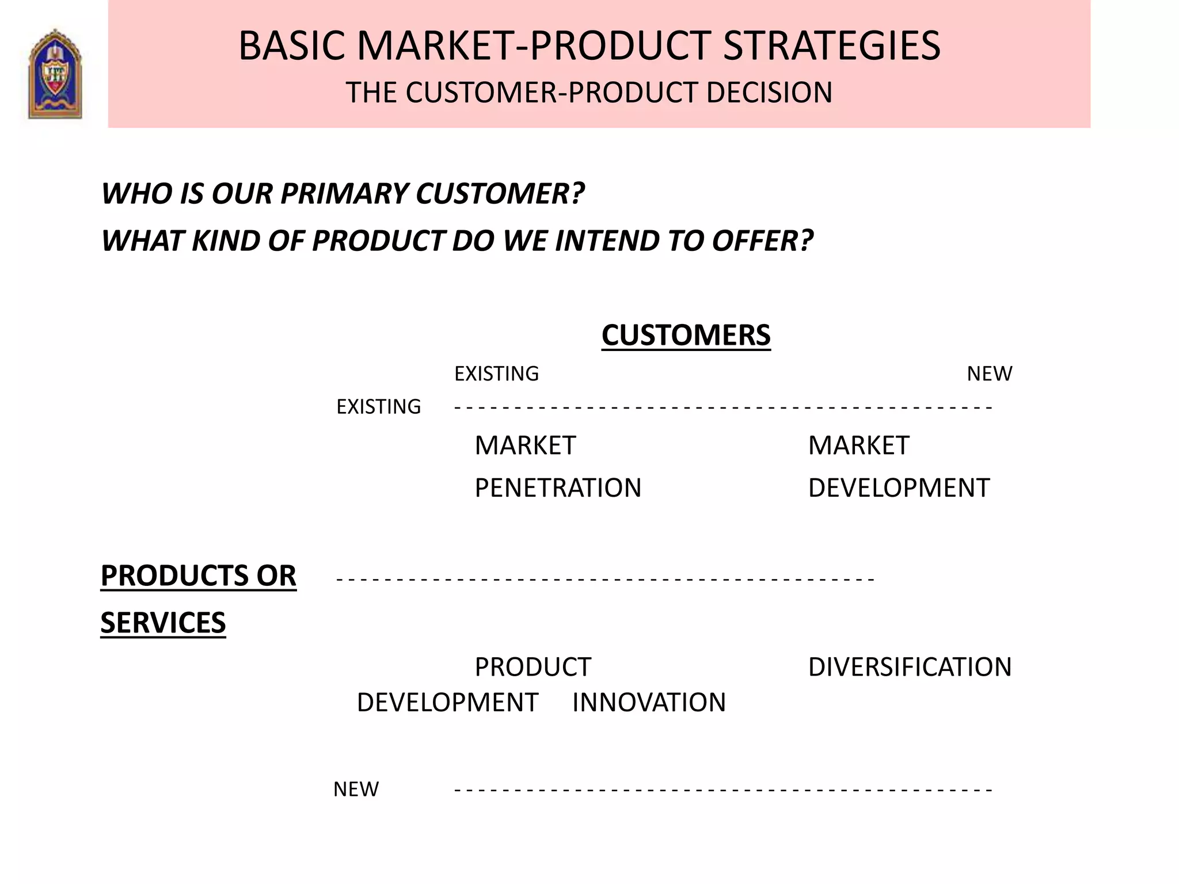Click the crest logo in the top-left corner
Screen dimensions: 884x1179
[55, 74]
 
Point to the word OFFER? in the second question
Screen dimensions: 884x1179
[762, 241]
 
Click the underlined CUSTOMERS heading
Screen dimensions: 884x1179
[686, 336]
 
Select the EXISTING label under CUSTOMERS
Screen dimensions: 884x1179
[496, 374]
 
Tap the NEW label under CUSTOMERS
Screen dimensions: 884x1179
[988, 374]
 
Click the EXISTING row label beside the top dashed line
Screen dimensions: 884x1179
[378, 407]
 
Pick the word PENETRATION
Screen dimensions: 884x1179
[557, 488]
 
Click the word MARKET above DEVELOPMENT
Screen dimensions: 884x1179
[858, 445]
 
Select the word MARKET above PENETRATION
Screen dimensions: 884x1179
[524, 445]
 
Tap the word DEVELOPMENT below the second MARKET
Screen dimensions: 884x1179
[898, 488]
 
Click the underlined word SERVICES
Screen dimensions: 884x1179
[163, 623]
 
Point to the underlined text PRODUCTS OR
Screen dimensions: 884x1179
[198, 576]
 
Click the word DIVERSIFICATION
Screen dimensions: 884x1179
[909, 667]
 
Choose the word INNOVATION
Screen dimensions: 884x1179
[649, 703]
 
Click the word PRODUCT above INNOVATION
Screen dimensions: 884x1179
[533, 667]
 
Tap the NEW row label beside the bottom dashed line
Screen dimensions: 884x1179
[356, 789]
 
